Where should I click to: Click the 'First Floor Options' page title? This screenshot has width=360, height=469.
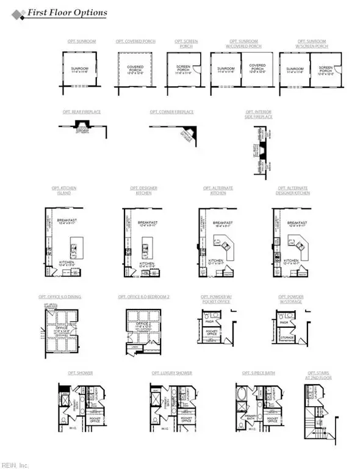pos(68,13)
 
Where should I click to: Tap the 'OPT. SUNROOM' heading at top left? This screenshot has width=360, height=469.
pos(82,42)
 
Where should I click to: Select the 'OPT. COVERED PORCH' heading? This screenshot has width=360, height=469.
pos(135,42)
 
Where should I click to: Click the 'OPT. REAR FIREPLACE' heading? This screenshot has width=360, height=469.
pos(81,112)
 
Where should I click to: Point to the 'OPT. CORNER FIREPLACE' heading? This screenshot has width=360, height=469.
pos(171,112)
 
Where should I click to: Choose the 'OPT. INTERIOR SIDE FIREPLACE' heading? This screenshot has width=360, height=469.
pos(259,115)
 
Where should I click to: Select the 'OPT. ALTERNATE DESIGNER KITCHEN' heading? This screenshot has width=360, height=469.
pos(293,191)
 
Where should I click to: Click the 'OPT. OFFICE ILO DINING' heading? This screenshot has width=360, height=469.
pos(60,297)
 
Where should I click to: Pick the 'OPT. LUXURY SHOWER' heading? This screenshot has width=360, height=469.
pos(172,373)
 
